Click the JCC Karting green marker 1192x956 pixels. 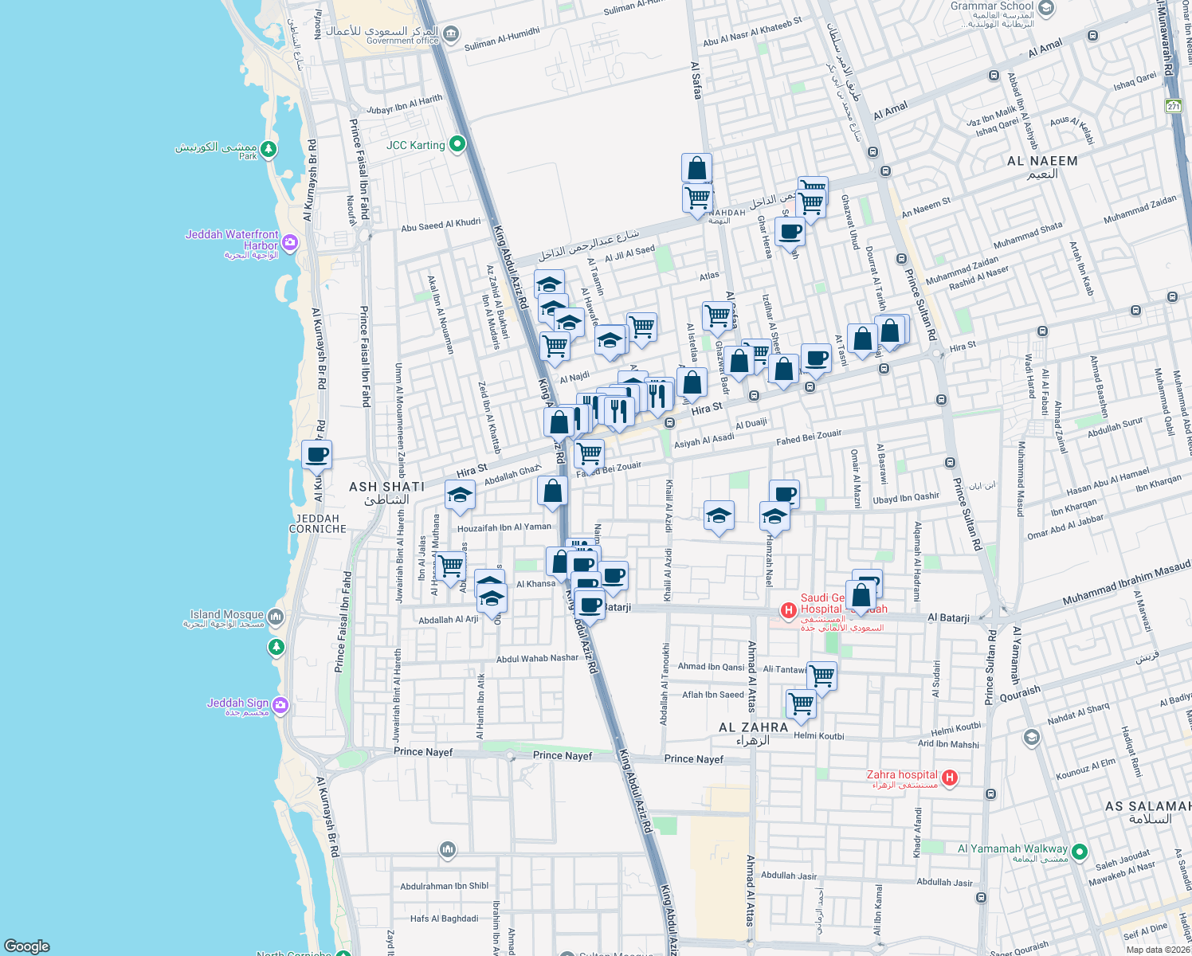(457, 144)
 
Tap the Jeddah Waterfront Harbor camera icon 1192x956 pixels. (290, 242)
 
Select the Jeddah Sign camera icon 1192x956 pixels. (280, 705)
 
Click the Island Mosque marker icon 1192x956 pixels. (276, 616)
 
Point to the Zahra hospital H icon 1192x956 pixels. (949, 778)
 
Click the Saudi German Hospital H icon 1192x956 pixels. (788, 611)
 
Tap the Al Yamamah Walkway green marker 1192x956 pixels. (1080, 852)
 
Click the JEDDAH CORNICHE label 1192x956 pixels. (318, 523)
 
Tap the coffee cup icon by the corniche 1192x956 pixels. (316, 455)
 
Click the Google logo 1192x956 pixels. (26, 946)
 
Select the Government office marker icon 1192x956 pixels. (451, 33)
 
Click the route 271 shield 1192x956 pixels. (1173, 106)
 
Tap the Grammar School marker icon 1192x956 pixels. (1046, 9)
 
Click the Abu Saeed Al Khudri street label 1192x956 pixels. (441, 225)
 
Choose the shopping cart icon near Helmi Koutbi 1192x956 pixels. (801, 704)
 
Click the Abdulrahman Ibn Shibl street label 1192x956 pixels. (445, 886)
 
